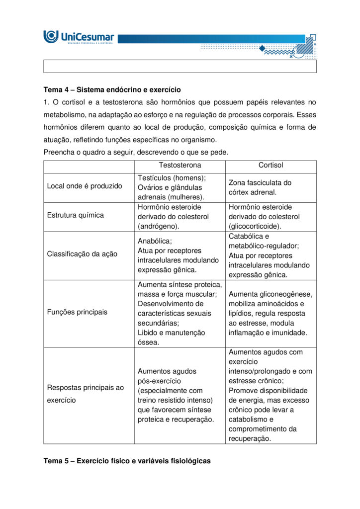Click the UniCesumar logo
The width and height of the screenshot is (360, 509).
79,37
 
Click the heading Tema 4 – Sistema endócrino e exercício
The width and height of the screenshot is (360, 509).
112,90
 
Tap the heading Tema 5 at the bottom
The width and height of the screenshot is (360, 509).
127,461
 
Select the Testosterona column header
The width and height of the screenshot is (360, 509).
180,166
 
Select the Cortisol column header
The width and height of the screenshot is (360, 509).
270,166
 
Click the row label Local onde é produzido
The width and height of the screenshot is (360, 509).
85,186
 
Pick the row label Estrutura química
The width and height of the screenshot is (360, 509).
76,215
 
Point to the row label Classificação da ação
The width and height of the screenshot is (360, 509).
82,254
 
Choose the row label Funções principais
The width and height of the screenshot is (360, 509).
77,312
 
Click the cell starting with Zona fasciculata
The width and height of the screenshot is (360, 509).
260,187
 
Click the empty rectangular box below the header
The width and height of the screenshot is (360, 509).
180,67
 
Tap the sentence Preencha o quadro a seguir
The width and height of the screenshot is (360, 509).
136,152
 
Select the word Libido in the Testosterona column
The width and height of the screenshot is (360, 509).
148,333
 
